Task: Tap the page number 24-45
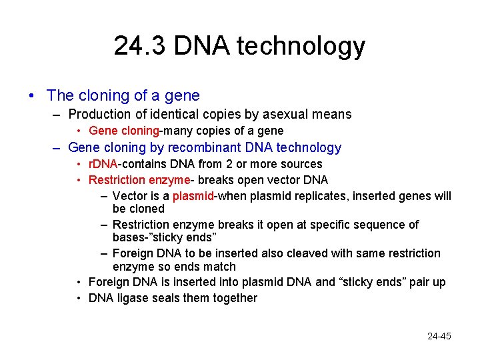coord(439,336)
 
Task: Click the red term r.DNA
coord(103,164)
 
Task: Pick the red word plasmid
coord(193,196)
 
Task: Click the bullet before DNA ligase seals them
coord(79,298)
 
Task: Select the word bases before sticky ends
coord(128,238)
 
